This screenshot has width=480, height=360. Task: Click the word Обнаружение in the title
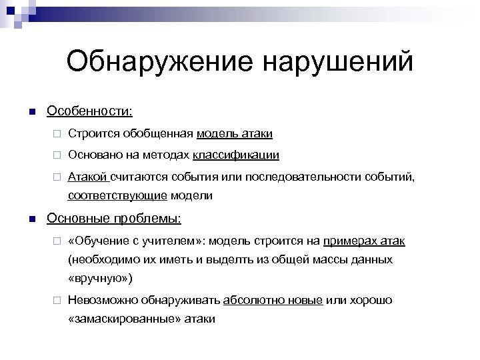(x=157, y=62)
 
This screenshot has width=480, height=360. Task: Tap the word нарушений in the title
(x=339, y=62)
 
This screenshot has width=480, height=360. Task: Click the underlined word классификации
(x=236, y=155)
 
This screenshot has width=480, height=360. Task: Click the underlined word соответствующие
(x=117, y=195)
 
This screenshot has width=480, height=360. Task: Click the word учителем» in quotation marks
(x=165, y=240)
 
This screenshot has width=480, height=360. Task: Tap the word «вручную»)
(x=101, y=278)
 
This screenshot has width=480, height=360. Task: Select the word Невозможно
(x=103, y=300)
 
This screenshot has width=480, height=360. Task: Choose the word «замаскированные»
(x=123, y=319)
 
